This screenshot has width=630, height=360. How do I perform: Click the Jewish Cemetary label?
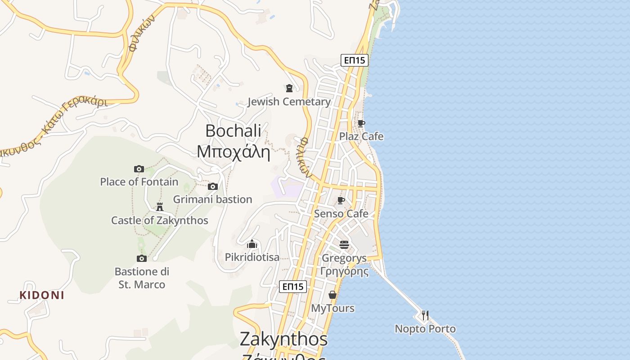click(x=289, y=102)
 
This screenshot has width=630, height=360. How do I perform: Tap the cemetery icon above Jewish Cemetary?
click(x=289, y=88)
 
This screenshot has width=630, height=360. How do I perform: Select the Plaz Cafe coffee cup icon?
click(x=361, y=123)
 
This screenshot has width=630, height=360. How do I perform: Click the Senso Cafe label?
click(x=341, y=214)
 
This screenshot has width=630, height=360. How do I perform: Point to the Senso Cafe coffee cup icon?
click(x=341, y=200)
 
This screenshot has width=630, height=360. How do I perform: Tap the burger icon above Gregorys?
click(x=344, y=245)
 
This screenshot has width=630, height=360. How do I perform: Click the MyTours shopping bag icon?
click(x=333, y=295)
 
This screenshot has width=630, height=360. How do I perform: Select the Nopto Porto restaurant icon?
click(x=425, y=315)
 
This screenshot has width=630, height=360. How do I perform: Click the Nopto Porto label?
click(x=425, y=329)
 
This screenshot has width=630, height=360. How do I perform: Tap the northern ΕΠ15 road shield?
click(x=355, y=60)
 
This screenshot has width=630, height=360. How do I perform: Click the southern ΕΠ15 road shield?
click(x=293, y=287)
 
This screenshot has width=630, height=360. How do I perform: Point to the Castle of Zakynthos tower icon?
click(x=159, y=207)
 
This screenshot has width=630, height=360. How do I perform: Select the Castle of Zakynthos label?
click(x=159, y=220)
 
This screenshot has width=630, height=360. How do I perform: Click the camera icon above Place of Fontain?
click(x=139, y=169)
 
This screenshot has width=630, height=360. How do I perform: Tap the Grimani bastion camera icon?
click(x=213, y=186)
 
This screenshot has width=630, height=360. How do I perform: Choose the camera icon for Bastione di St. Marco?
click(x=142, y=258)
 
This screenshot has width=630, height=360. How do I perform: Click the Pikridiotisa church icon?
click(x=252, y=244)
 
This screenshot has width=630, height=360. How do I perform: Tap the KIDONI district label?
click(x=42, y=295)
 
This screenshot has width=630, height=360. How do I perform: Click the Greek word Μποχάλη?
click(x=233, y=152)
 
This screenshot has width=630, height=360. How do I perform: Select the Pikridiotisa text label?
click(x=252, y=257)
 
